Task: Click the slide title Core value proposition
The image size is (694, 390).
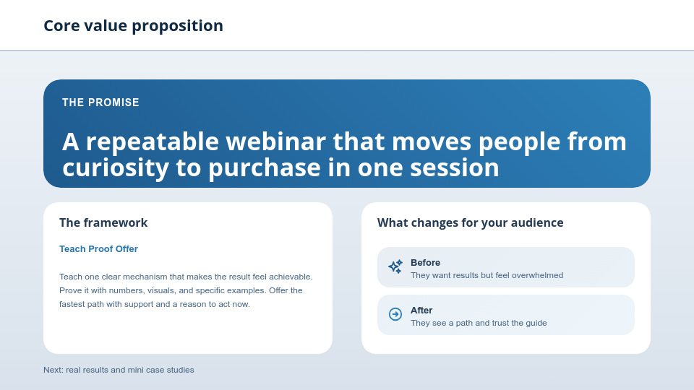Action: point(133,26)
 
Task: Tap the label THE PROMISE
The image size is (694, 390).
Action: point(100,103)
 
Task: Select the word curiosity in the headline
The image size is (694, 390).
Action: point(116,168)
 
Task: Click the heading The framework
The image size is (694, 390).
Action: point(103,222)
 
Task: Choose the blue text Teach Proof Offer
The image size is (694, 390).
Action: point(98,249)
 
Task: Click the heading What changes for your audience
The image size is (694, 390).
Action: point(470,222)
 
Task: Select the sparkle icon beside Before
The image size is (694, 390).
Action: point(395,266)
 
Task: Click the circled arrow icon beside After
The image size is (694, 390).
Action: point(395,314)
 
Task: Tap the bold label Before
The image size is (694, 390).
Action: point(425,262)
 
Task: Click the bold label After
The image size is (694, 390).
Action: point(421,310)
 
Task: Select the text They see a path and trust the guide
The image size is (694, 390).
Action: point(479,323)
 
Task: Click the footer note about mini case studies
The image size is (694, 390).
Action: point(119,370)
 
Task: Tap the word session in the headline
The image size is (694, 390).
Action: point(453,168)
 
